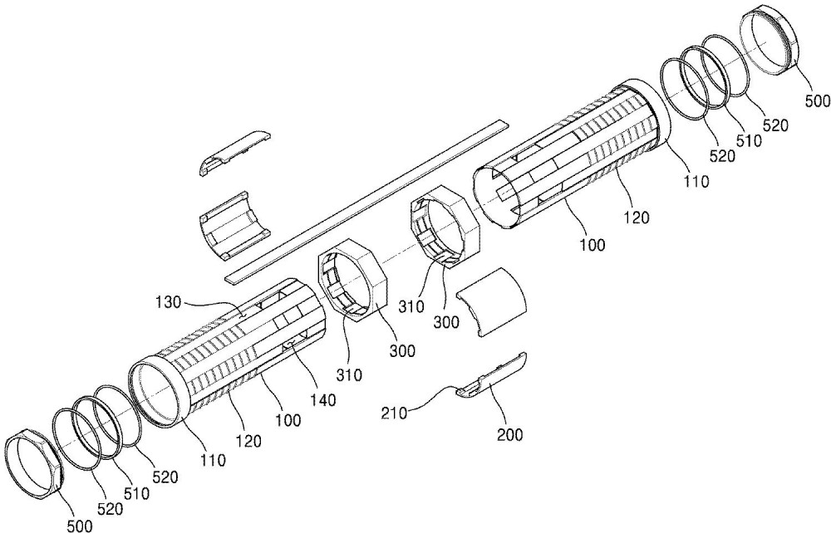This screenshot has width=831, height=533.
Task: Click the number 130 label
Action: [x=168, y=303]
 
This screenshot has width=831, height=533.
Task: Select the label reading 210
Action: [x=394, y=413]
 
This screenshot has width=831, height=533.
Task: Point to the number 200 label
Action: [x=510, y=434]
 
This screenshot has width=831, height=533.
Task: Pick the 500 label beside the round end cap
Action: [x=817, y=100]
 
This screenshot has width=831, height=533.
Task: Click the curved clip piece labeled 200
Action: [x=492, y=375]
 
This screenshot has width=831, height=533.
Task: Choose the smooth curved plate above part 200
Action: [x=492, y=301]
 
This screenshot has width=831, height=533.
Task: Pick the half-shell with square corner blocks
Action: [x=235, y=226]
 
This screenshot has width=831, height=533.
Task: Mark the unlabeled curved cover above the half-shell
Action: [x=236, y=151]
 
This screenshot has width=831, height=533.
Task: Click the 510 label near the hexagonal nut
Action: [x=136, y=493]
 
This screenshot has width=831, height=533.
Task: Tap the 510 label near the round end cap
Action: [x=748, y=140]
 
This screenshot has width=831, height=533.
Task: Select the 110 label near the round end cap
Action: [x=696, y=181]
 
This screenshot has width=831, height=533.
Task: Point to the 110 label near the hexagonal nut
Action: [x=213, y=460]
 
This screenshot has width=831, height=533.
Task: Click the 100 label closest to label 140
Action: [x=288, y=420]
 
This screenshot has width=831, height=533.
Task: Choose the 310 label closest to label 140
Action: [x=349, y=374]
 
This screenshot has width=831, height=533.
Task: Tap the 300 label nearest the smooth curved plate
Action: [x=445, y=321]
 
